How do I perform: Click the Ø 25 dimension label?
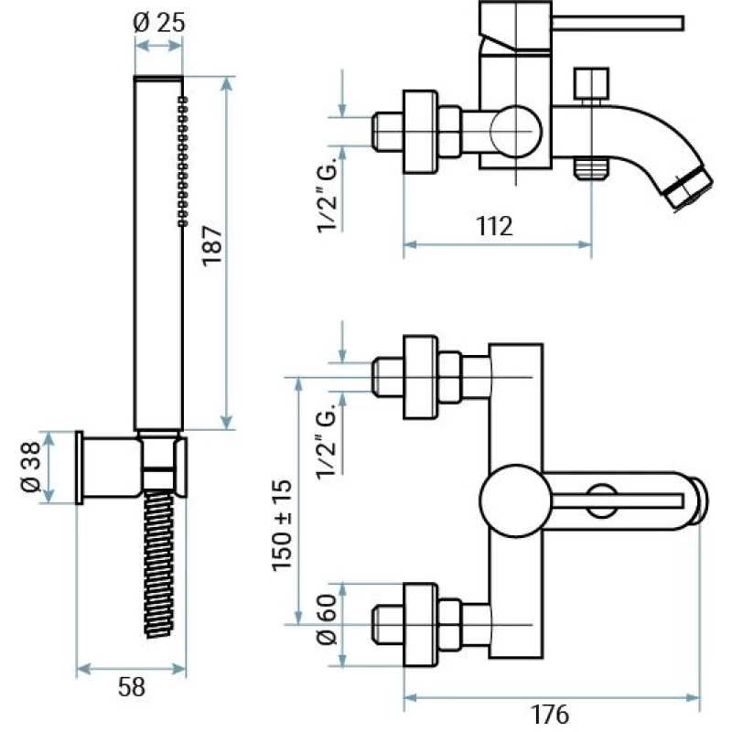point(158,22)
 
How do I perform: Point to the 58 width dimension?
point(133,688)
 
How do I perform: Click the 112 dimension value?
point(494,226)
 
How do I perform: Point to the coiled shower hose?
point(159,563)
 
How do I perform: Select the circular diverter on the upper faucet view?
point(514,131)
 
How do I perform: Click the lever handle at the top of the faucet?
point(618,22)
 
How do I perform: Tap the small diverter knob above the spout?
point(590,83)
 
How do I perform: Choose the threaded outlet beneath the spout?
point(590,168)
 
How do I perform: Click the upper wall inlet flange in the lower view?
point(420,376)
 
